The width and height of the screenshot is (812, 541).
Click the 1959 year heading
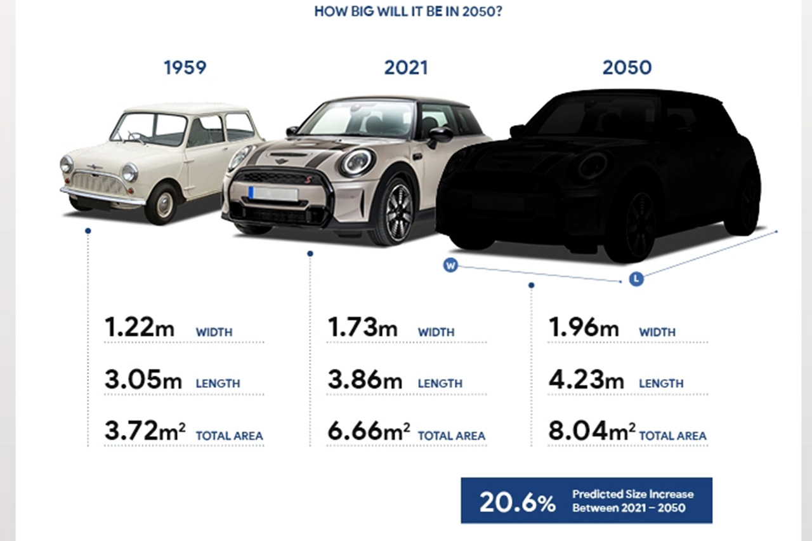[x=185, y=67]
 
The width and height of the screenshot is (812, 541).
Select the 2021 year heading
[x=406, y=67]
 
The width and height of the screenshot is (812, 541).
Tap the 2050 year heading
[x=627, y=67]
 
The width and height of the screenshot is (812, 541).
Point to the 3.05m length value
[x=143, y=380]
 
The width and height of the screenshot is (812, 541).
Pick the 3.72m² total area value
[x=145, y=432]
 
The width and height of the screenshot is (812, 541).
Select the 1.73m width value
[x=362, y=328]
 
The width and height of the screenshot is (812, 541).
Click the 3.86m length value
[x=365, y=380]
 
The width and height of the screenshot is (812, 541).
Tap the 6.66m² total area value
[x=369, y=432]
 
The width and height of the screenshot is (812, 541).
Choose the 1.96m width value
[x=583, y=328]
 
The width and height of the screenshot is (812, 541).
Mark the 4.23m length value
[x=586, y=380]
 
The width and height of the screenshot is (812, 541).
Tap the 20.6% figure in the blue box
[x=517, y=502]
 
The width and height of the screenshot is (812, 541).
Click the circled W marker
[x=450, y=265]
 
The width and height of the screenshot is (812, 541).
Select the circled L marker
[x=636, y=279]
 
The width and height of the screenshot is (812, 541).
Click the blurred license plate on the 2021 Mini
[x=273, y=194]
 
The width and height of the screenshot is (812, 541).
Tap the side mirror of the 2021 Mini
[x=440, y=135]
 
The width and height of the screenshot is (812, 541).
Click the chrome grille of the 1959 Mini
[x=96, y=184]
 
